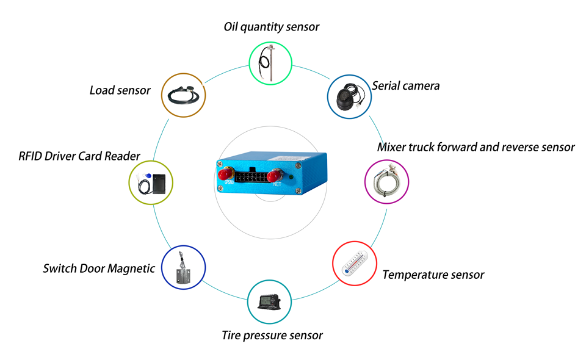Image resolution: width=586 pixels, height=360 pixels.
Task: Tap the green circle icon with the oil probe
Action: [271, 62]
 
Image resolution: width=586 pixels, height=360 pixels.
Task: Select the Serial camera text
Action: [406, 86]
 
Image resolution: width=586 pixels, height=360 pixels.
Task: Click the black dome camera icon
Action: [349, 96]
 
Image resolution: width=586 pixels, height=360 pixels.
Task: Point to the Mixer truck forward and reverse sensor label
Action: [476, 147]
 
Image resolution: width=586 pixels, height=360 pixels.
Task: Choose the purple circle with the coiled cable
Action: [387, 181]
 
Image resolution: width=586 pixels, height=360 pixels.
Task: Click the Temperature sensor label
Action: [433, 275]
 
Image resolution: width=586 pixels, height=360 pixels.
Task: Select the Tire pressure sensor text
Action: [272, 335]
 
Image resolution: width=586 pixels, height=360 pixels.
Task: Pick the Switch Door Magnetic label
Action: [99, 268]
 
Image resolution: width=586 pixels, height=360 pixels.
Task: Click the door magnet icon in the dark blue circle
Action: [183, 267]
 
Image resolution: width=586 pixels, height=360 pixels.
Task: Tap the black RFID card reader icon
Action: [161, 182]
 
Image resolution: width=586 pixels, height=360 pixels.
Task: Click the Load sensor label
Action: [120, 90]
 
